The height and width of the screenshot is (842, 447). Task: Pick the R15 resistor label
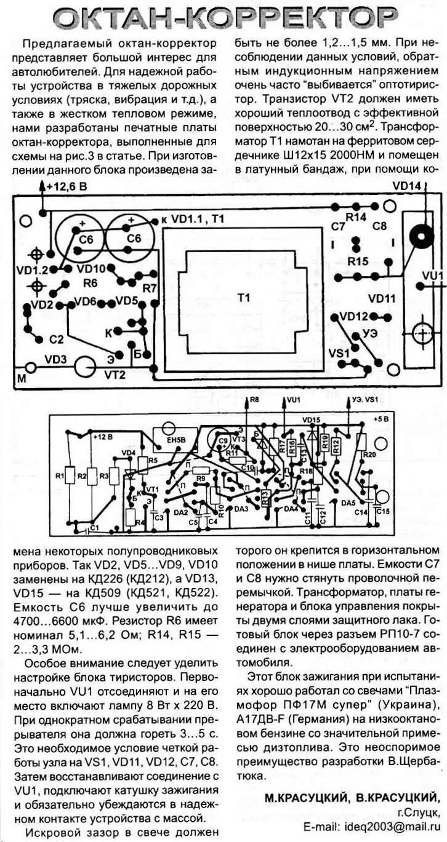click(358, 261)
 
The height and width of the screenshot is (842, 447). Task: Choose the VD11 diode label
click(382, 299)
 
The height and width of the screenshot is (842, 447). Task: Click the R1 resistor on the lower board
click(60, 475)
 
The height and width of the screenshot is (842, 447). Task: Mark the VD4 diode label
click(128, 453)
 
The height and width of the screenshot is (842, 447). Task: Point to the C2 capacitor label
click(57, 340)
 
